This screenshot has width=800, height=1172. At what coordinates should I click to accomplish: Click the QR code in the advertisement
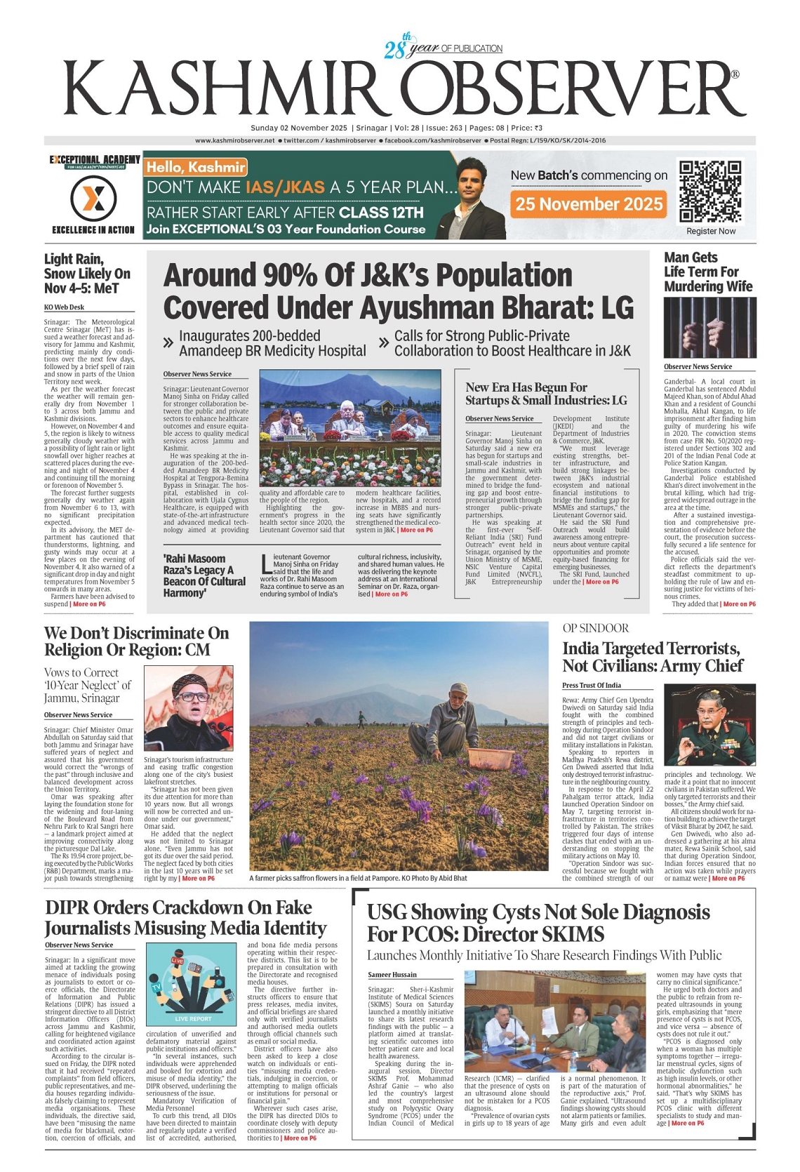(x=710, y=191)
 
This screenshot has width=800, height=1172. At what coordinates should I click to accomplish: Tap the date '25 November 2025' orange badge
(x=589, y=204)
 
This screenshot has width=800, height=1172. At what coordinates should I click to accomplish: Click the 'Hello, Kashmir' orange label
(x=196, y=167)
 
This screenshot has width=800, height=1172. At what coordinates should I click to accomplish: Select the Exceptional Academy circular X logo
(x=93, y=199)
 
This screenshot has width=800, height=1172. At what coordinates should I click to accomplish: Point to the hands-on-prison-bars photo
(x=709, y=328)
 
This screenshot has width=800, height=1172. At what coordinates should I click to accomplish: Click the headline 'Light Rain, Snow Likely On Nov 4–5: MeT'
(x=88, y=274)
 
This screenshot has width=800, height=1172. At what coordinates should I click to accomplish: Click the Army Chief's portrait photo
(x=709, y=724)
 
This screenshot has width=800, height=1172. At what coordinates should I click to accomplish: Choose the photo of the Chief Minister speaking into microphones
(x=188, y=708)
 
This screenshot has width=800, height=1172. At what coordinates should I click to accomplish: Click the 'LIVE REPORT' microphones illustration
(x=192, y=984)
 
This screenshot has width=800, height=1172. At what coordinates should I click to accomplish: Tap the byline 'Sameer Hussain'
(x=392, y=975)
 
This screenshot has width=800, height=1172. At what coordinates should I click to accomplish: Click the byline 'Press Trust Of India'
(x=591, y=685)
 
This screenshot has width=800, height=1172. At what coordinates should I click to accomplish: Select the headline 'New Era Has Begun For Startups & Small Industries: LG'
(x=546, y=394)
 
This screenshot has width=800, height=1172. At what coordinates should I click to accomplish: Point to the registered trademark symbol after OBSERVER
(x=735, y=74)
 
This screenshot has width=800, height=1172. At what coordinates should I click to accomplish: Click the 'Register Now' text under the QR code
(x=711, y=231)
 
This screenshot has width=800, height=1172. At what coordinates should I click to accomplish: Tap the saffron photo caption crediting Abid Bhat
(x=358, y=878)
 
